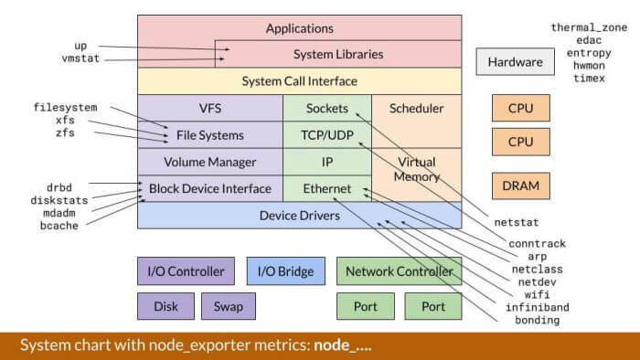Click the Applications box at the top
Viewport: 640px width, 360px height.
click(x=299, y=28)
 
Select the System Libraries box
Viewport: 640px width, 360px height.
click(x=337, y=54)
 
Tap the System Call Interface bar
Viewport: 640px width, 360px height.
click(x=299, y=81)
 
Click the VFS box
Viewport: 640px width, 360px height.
click(x=209, y=108)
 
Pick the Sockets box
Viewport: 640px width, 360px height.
click(x=326, y=108)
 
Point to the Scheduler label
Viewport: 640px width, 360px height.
click(x=416, y=108)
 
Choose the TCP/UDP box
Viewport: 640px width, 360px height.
click(x=326, y=135)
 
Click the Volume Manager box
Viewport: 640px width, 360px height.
click(x=209, y=162)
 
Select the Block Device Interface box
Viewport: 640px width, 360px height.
click(x=209, y=188)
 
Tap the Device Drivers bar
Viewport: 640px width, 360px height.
click(x=299, y=216)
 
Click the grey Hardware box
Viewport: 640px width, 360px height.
click(x=515, y=63)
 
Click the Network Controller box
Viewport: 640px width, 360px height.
click(x=399, y=271)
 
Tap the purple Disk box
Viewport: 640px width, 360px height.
click(x=165, y=306)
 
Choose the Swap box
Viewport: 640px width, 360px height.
click(x=229, y=306)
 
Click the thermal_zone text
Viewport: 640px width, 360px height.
click(x=588, y=27)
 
